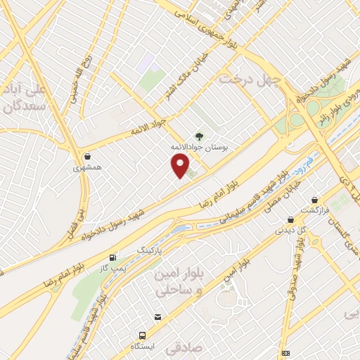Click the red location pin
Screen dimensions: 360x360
pos(181,166)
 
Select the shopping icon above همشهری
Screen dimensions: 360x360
pos(87,157)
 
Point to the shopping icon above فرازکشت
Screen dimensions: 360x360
pos(313,200)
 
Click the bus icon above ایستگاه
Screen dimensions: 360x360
pos(143,336)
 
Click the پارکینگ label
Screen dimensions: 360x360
pos(148,250)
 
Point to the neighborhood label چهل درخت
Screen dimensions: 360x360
pos(249,79)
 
